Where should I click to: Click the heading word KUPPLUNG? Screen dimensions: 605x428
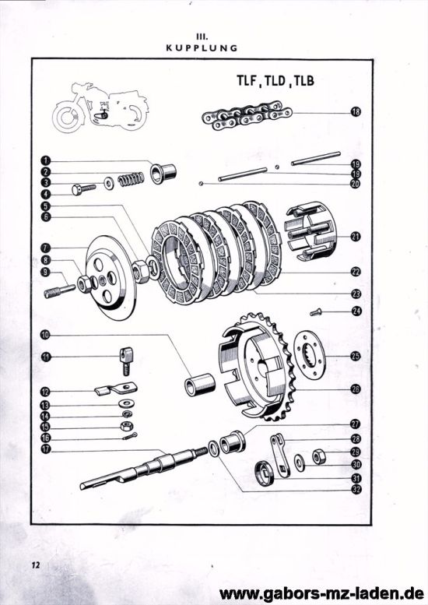[202, 47]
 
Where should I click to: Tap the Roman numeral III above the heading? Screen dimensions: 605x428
[202, 34]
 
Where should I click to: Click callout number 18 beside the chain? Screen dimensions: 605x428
[356, 112]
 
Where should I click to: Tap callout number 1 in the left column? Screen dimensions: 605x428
[47, 160]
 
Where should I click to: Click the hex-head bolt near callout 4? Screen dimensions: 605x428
[82, 188]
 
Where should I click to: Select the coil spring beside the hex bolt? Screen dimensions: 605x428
[131, 179]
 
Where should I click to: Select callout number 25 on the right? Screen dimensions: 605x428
[356, 356]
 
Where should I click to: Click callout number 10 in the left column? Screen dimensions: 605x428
[47, 335]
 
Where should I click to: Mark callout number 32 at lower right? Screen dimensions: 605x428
[356, 489]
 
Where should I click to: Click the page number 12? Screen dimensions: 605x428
[37, 565]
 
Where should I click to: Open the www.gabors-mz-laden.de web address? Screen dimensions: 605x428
[321, 593]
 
